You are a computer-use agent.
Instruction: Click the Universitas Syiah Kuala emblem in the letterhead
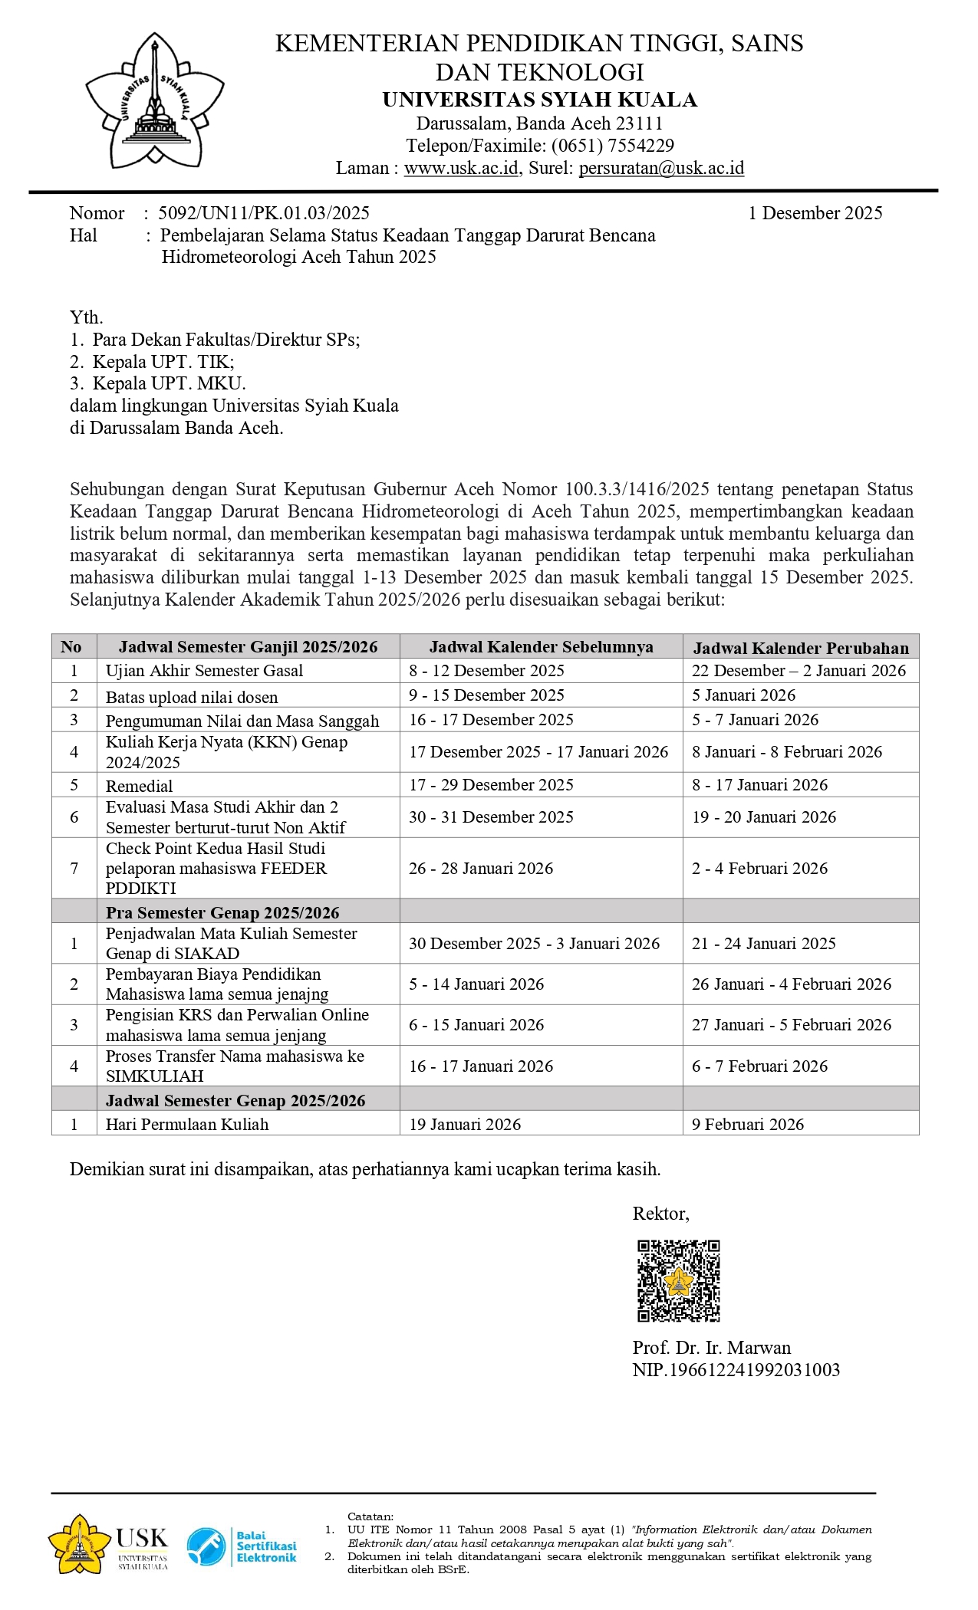point(154,100)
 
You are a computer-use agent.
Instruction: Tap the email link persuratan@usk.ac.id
point(661,168)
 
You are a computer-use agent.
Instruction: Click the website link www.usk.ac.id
point(461,168)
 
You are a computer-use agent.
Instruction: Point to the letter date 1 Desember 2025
point(815,213)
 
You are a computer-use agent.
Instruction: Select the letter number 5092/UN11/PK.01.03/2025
point(264,213)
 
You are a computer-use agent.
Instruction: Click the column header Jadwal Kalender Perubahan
point(801,648)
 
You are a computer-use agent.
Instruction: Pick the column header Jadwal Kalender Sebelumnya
point(541,647)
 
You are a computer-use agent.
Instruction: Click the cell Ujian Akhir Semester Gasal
point(204,671)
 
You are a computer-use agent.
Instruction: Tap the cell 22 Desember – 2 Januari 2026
point(799,671)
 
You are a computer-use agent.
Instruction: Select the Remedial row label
point(139,786)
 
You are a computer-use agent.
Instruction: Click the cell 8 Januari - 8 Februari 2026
point(787,752)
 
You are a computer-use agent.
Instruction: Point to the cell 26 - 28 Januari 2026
point(481,869)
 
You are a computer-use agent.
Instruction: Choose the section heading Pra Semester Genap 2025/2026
point(222,913)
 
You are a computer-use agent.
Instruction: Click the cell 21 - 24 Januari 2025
point(764,944)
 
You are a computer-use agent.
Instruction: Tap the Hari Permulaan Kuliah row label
point(187,1125)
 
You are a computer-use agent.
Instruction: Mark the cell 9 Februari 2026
point(748,1125)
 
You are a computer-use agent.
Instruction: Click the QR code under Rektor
point(679,1281)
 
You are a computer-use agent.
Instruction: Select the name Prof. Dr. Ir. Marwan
point(711,1348)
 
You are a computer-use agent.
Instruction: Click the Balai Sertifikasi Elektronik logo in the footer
point(242,1546)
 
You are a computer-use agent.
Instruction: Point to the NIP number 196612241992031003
point(736,1370)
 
